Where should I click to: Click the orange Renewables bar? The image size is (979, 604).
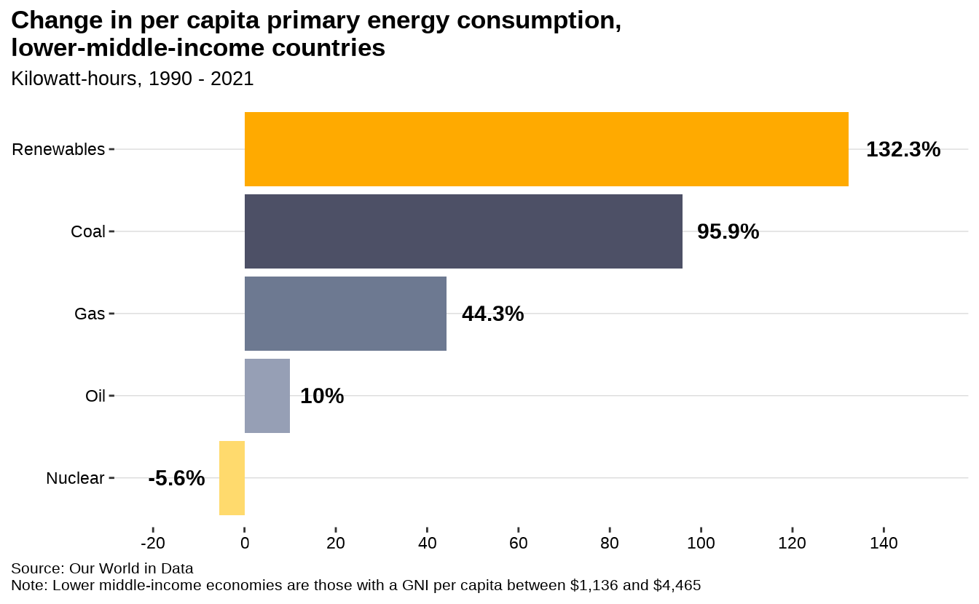[x=546, y=149]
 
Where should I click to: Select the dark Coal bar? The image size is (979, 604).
[x=463, y=231]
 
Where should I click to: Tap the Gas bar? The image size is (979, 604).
[x=345, y=314]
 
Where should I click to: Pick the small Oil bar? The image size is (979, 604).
[x=267, y=396]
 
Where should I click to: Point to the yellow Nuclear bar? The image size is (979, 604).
[x=232, y=478]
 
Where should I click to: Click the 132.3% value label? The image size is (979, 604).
[x=903, y=149]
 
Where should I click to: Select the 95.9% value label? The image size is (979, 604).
[x=728, y=231]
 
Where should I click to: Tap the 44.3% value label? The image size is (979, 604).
[x=492, y=314]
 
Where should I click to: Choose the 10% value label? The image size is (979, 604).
[x=322, y=396]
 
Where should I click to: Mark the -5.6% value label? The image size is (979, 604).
[x=176, y=478]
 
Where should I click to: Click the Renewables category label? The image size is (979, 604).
[x=58, y=149]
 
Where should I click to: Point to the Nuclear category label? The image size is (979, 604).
[x=75, y=478]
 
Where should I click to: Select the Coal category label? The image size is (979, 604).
[x=88, y=231]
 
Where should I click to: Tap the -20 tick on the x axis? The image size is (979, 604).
[x=153, y=543]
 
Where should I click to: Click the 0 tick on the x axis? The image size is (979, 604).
[x=245, y=543]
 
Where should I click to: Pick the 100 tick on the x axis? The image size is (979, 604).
[x=701, y=543]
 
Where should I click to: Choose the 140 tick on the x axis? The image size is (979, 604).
[x=884, y=543]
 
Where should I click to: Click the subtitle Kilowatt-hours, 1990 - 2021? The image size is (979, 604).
[x=133, y=79]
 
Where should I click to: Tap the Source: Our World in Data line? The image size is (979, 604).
[x=102, y=568]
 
